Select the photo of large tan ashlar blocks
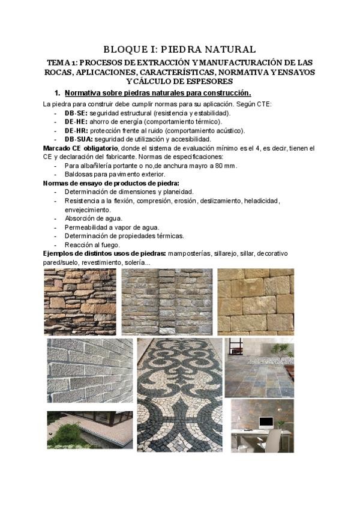click(255, 301)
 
